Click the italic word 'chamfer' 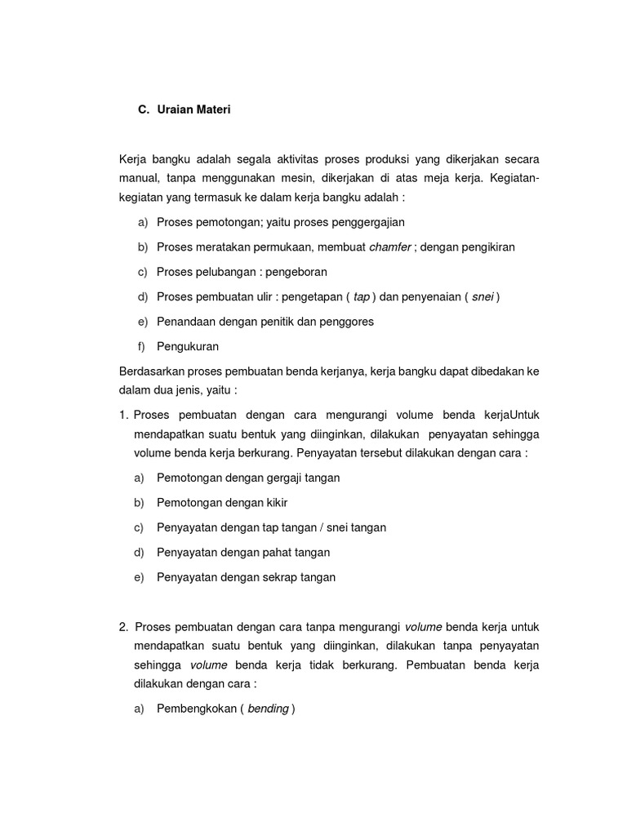click(389, 247)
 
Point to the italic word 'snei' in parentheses click(482, 297)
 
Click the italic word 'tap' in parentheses click(361, 297)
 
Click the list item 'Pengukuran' click(188, 346)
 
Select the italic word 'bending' click(268, 709)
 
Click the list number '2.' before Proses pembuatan click(123, 627)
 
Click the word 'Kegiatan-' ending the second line click(516, 178)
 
